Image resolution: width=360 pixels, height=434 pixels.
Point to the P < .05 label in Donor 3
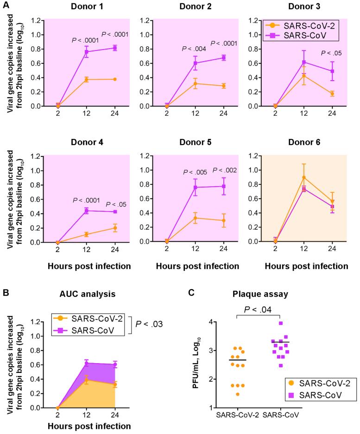332,53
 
